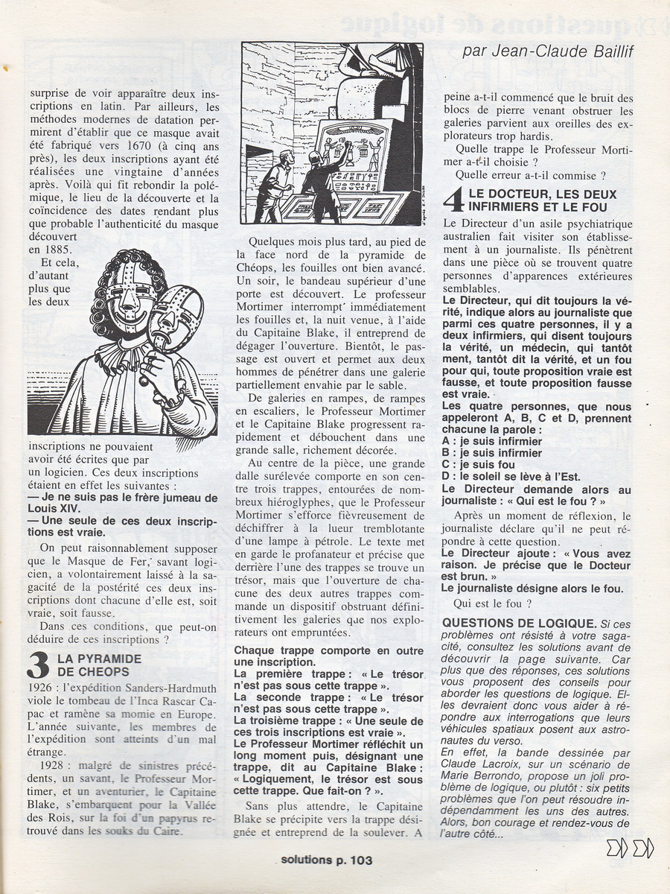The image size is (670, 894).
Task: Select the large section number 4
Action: click(453, 200)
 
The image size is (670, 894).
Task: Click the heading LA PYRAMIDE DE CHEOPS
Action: click(99, 665)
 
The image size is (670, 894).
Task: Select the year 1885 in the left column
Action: click(46, 249)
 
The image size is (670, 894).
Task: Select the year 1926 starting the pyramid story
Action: click(41, 685)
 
